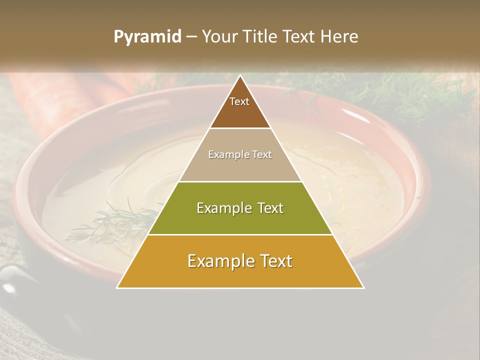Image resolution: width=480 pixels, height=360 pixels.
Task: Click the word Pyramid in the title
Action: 147,37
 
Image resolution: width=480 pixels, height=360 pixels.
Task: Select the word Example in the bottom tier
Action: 219,261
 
